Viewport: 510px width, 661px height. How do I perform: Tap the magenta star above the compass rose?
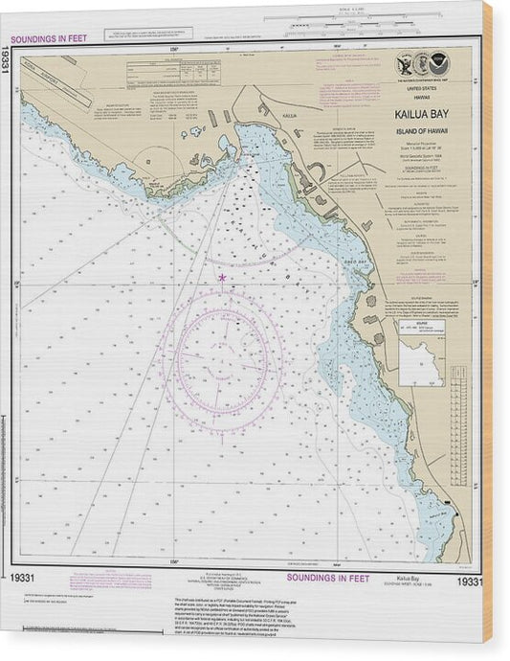point(222,277)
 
